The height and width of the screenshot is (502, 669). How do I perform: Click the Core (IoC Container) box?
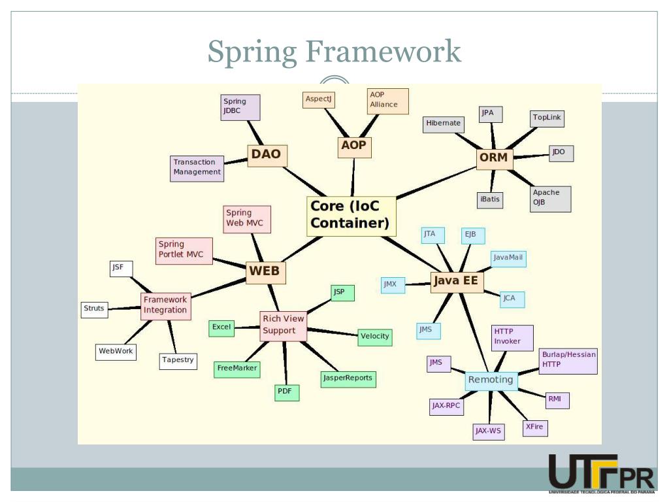(x=351, y=216)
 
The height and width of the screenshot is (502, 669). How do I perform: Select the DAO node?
(x=267, y=155)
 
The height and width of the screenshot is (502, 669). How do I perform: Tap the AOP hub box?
(x=354, y=146)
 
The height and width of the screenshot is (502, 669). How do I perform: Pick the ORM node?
(x=493, y=158)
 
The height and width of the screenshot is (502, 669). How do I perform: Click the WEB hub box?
(x=265, y=271)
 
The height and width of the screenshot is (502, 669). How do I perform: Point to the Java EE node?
(x=456, y=282)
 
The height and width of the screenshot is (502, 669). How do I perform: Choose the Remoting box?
(x=491, y=380)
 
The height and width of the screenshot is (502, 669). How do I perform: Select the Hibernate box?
(x=443, y=123)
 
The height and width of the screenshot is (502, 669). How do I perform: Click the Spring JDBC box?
(x=240, y=107)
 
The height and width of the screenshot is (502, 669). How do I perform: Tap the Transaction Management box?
(x=197, y=167)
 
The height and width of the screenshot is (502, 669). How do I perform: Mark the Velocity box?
(x=374, y=337)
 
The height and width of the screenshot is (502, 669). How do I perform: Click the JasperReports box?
(x=348, y=378)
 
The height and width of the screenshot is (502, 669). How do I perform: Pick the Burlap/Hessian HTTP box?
(x=568, y=360)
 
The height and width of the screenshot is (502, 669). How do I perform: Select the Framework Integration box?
(x=166, y=305)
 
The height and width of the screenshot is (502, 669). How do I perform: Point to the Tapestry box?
(x=178, y=360)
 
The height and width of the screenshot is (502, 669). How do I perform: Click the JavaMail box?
(x=508, y=258)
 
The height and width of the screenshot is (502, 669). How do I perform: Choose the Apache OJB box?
(x=550, y=199)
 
